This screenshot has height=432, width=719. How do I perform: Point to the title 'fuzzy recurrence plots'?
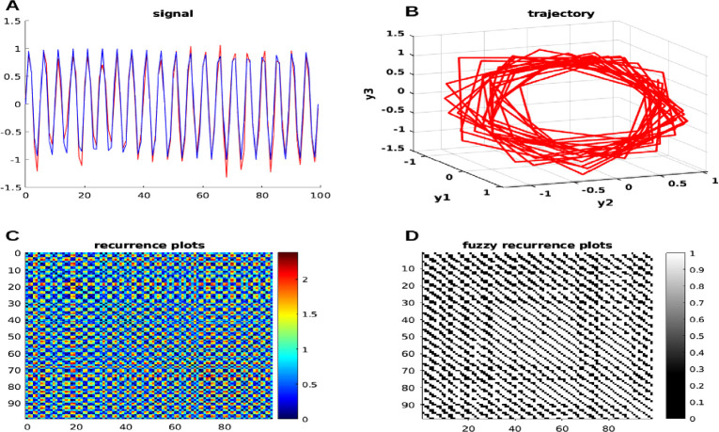click(x=538, y=245)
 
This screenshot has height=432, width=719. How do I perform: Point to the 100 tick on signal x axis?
click(x=319, y=195)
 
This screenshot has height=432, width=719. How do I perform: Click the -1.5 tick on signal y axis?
click(x=12, y=186)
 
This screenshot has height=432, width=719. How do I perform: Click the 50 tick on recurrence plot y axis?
click(x=13, y=334)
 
